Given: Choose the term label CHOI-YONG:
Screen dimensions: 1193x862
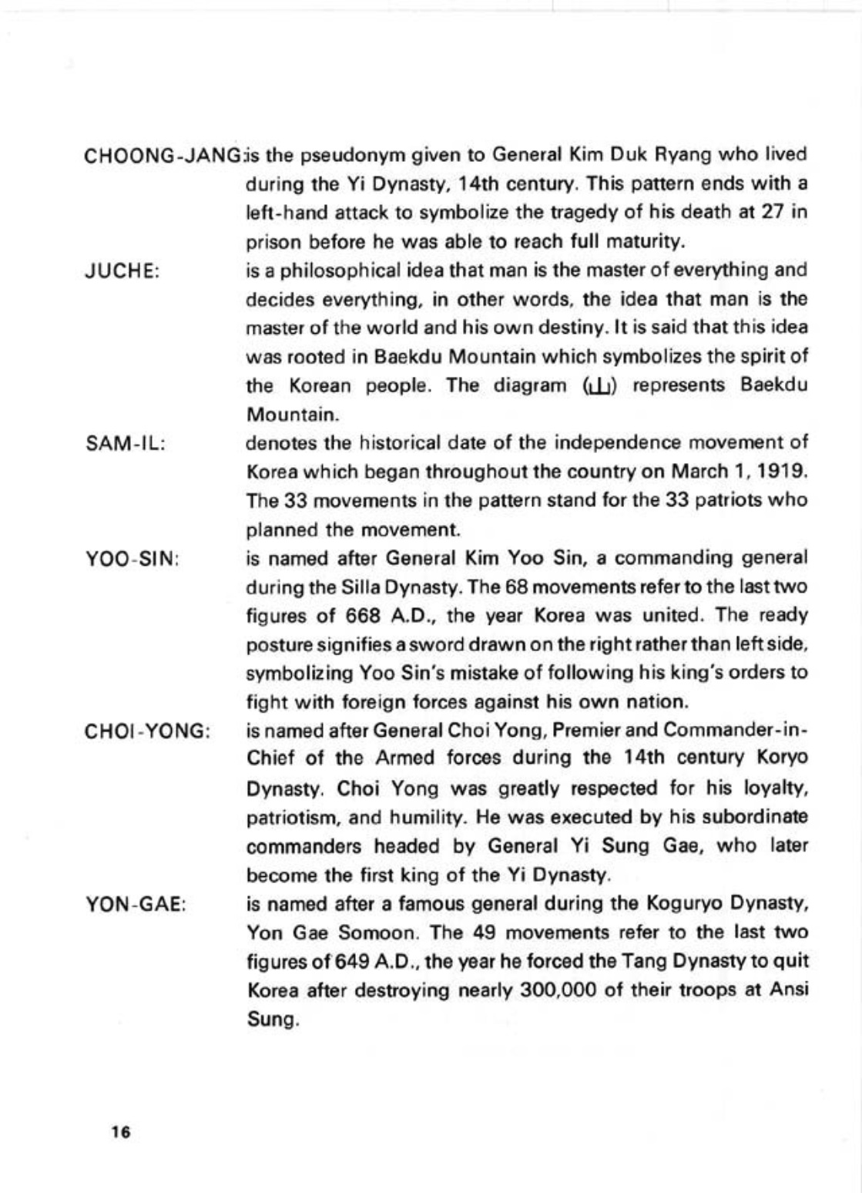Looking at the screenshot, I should (147, 731).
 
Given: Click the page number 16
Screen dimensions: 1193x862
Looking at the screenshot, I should (121, 1132).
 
